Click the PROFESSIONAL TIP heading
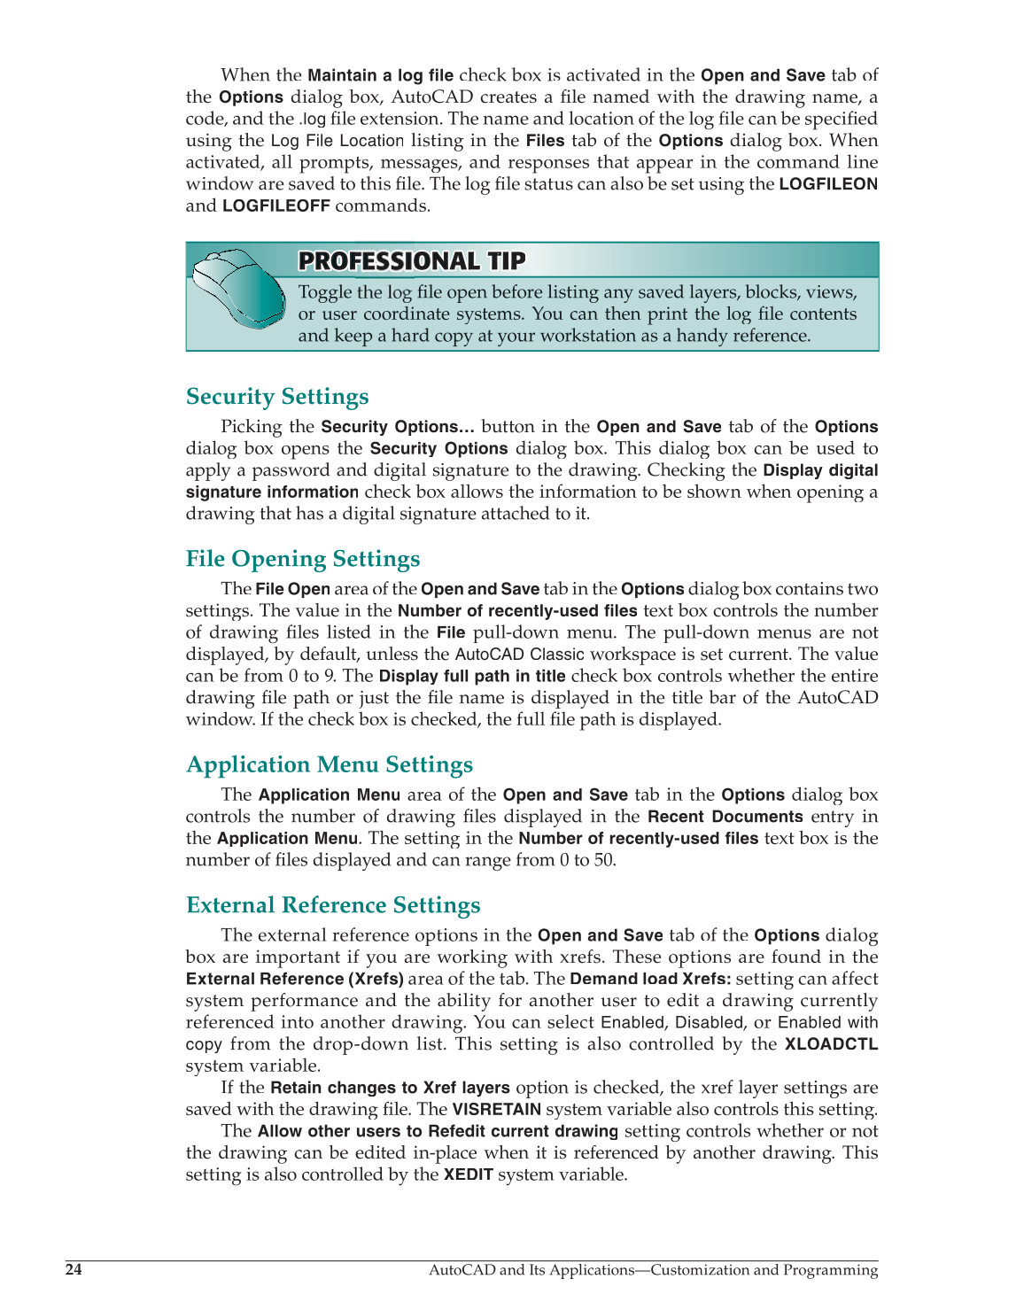[412, 261]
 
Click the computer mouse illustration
[237, 287]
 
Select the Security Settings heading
[277, 397]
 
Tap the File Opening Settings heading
[303, 559]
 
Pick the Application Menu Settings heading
[330, 764]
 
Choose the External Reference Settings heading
[333, 905]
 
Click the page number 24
[74, 1270]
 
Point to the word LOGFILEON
[828, 184]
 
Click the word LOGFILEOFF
[275, 206]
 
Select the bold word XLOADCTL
[831, 1044]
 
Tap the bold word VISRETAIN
[496, 1110]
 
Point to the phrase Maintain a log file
[380, 75]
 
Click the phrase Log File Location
[337, 141]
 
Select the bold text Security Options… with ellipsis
[398, 427]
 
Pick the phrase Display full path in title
[471, 676]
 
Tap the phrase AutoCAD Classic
[519, 655]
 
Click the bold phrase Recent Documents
[725, 817]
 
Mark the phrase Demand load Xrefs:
[650, 979]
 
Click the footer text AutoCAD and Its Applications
[531, 1270]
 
